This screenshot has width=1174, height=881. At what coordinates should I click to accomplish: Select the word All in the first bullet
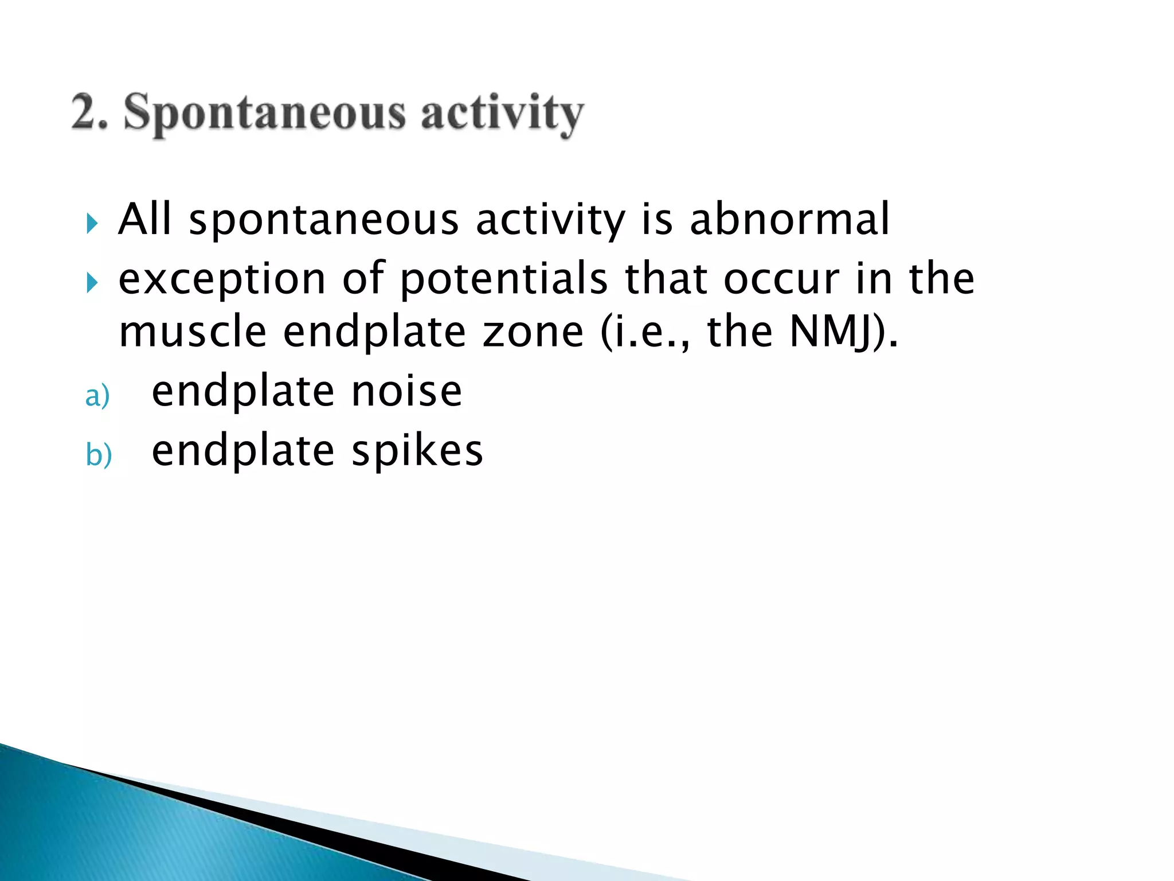pyautogui.click(x=144, y=219)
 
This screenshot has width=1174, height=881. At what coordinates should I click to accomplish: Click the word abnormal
pyautogui.click(x=789, y=219)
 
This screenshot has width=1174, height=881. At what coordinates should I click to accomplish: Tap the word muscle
pyautogui.click(x=193, y=332)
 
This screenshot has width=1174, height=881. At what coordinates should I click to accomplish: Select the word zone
pyautogui.click(x=533, y=332)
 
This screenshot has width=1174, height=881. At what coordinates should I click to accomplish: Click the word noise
pyautogui.click(x=406, y=392)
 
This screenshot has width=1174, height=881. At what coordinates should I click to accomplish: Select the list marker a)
pyautogui.click(x=97, y=396)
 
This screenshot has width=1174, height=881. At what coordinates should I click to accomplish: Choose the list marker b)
pyautogui.click(x=99, y=455)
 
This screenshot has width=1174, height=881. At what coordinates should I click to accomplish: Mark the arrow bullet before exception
pyautogui.click(x=92, y=282)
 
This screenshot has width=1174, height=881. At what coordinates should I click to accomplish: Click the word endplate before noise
pyautogui.click(x=243, y=392)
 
